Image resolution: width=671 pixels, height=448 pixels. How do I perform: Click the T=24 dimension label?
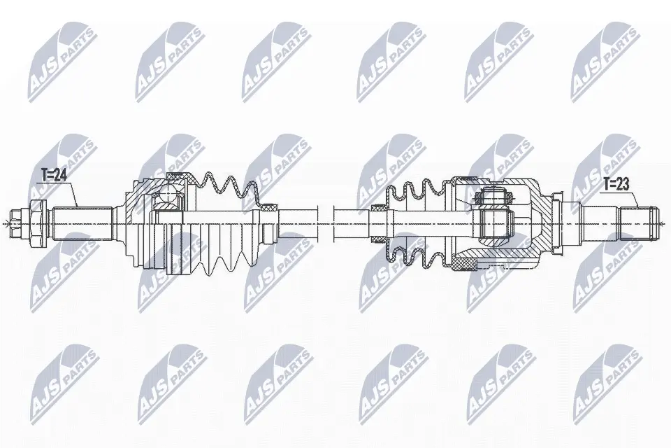tap(54, 175)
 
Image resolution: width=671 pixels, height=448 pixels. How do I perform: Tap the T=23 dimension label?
tap(616, 184)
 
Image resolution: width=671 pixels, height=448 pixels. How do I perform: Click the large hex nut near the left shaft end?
tap(36, 224)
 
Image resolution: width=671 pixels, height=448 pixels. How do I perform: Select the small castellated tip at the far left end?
tap(16, 224)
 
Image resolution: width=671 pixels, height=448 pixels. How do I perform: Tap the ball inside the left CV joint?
tap(169, 193)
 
